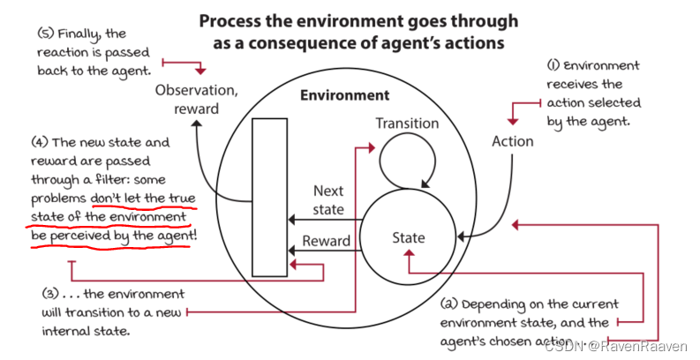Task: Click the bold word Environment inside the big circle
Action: click(344, 95)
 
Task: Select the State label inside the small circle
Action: click(409, 237)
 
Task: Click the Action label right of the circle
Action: click(513, 140)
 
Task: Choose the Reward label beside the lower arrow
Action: click(327, 241)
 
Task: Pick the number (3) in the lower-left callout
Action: click(51, 294)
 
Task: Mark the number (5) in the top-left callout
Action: click(47, 34)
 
